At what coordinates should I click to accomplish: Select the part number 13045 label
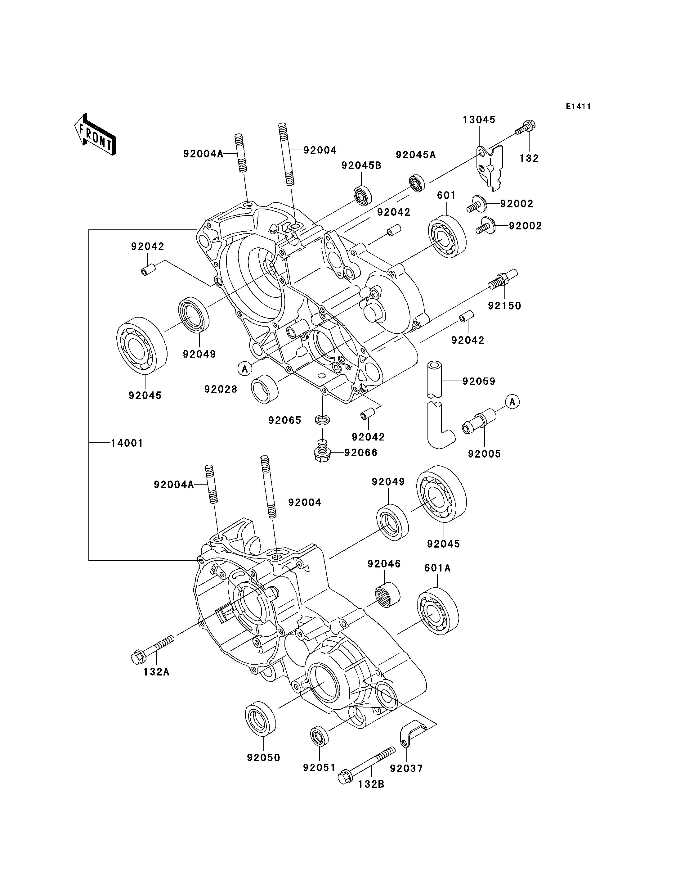tap(479, 120)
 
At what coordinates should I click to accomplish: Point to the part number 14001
tap(127, 443)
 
